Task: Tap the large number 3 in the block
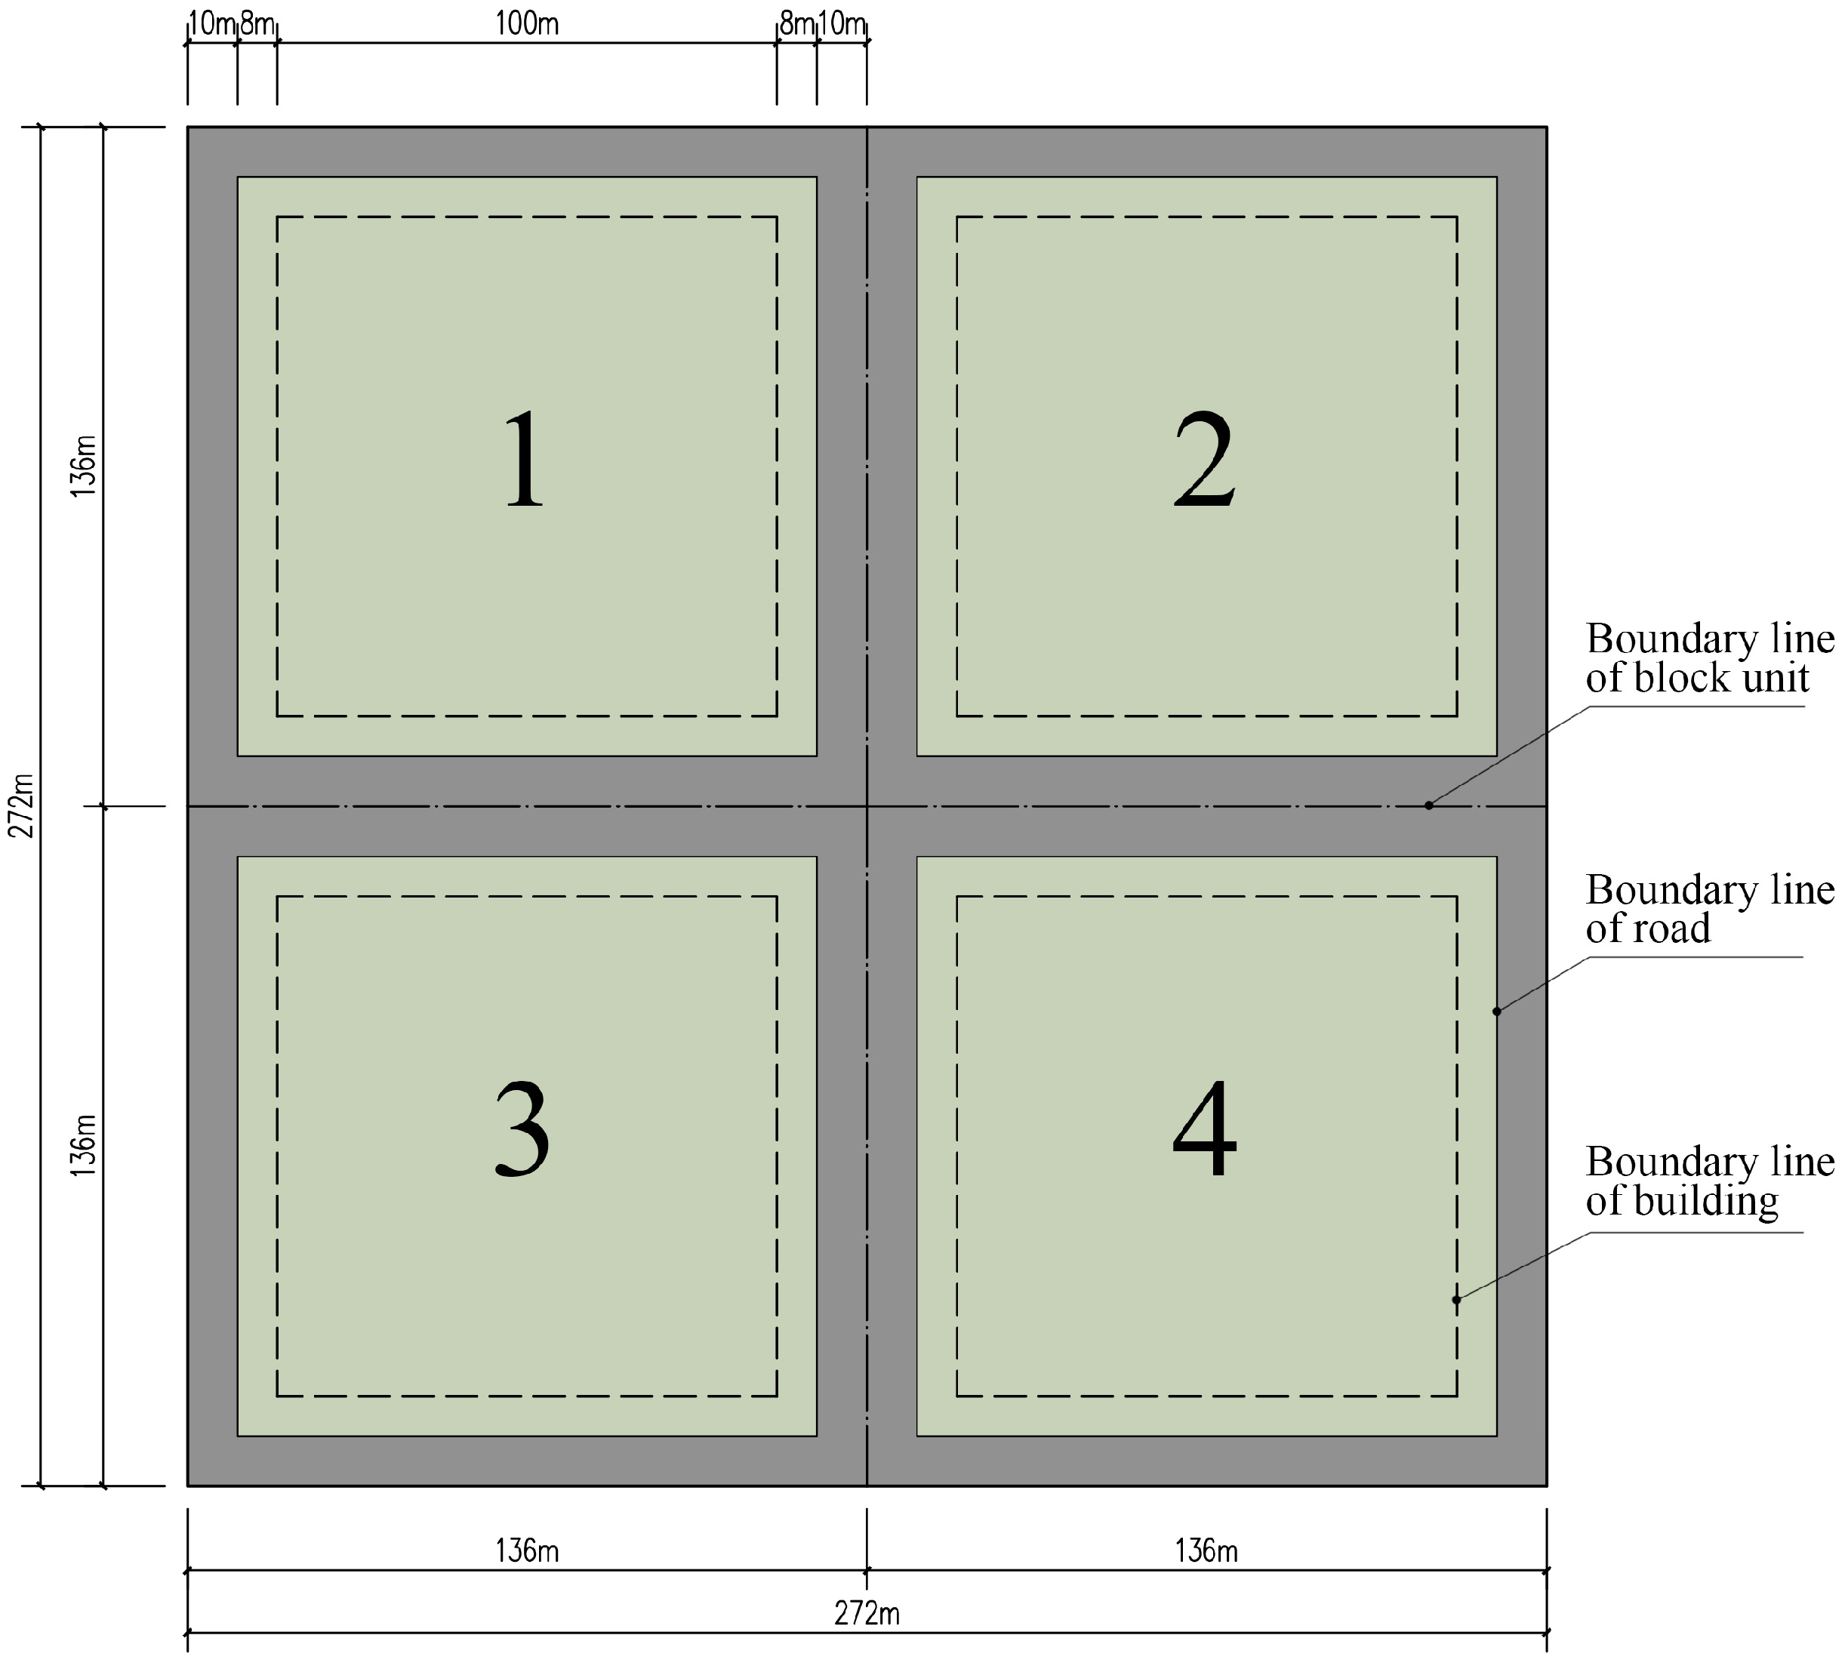(522, 1129)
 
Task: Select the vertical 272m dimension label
(22, 805)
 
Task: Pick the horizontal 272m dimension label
(867, 1613)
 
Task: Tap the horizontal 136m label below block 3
(527, 1550)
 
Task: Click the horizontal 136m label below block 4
(1206, 1550)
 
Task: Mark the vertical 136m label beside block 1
(83, 467)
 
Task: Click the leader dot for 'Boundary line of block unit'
(1428, 805)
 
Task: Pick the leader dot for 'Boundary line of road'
(1497, 1012)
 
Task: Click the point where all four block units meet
(867, 806)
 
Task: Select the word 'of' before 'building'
(1603, 1202)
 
